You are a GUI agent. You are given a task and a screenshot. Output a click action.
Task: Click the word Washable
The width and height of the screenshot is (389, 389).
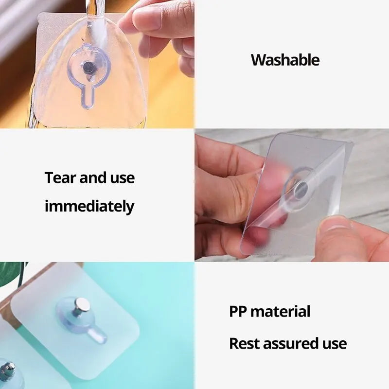[x=285, y=60]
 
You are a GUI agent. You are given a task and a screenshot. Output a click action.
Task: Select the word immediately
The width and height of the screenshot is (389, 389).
[x=89, y=206]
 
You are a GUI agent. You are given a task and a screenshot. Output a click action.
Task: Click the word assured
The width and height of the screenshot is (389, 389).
[x=294, y=343]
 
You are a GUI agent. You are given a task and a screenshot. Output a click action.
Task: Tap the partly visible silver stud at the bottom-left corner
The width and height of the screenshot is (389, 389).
[x=6, y=370]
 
